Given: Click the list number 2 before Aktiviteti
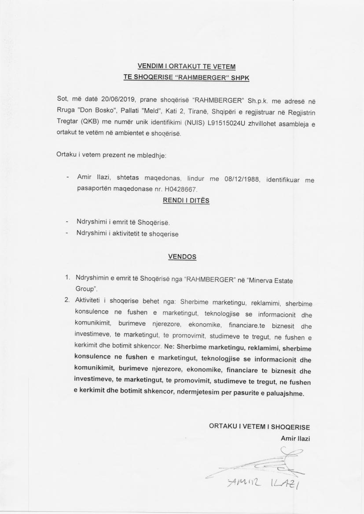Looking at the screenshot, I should (x=67, y=300).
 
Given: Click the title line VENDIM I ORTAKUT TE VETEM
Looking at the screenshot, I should (x=187, y=66).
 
